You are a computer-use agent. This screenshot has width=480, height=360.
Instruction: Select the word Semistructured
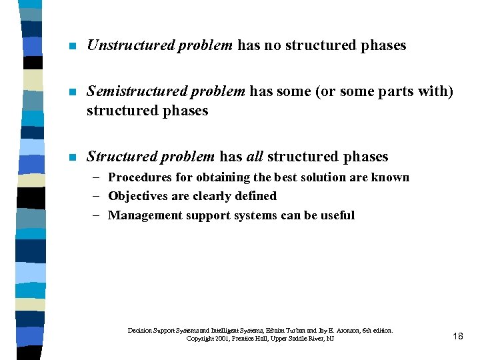(x=131, y=91)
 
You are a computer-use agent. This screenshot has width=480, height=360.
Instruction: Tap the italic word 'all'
(x=255, y=157)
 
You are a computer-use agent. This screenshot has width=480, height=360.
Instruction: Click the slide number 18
(x=457, y=336)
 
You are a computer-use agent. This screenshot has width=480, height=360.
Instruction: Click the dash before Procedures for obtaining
(x=98, y=177)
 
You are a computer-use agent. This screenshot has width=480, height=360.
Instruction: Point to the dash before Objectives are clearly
(x=98, y=196)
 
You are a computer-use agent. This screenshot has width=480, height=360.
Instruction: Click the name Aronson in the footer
(x=342, y=330)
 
